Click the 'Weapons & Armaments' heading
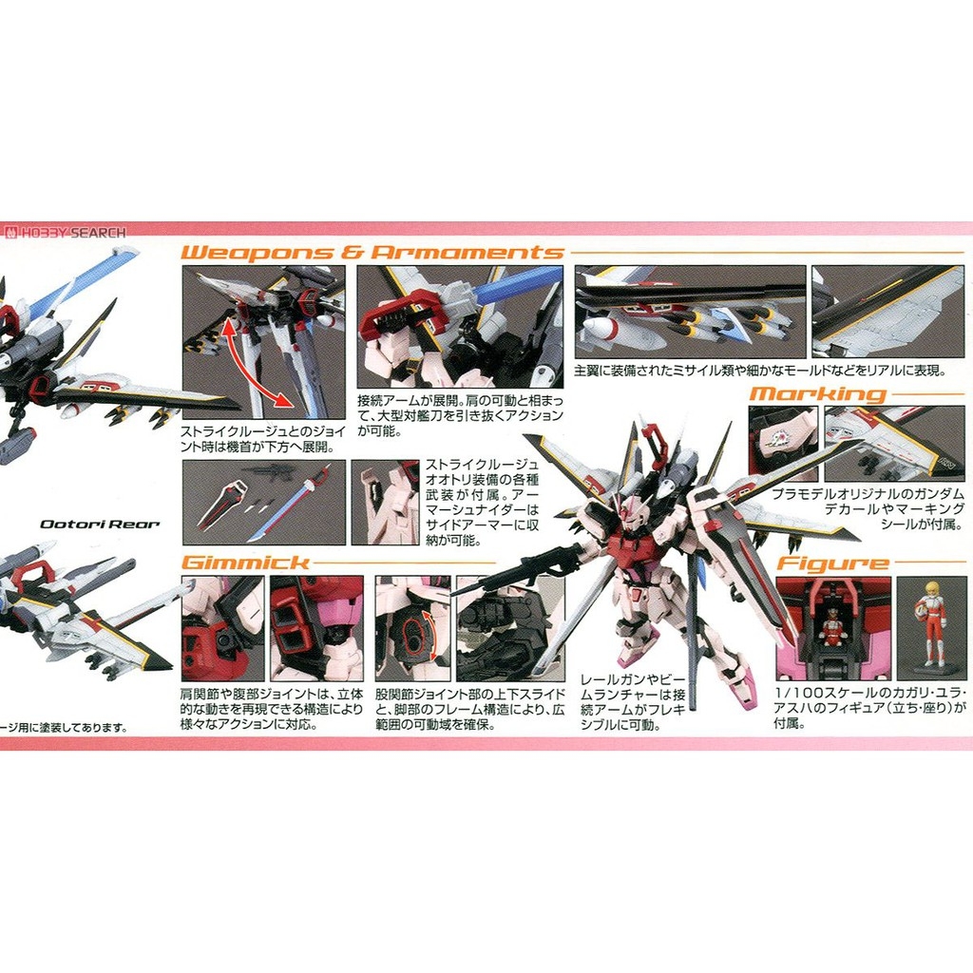pos(372,252)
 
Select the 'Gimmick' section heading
pos(244,562)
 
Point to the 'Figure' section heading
pos(832,563)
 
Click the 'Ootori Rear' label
pos(100,524)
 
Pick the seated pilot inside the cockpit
pos(832,627)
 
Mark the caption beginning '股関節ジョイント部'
pos(469,708)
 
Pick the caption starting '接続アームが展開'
pos(460,416)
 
